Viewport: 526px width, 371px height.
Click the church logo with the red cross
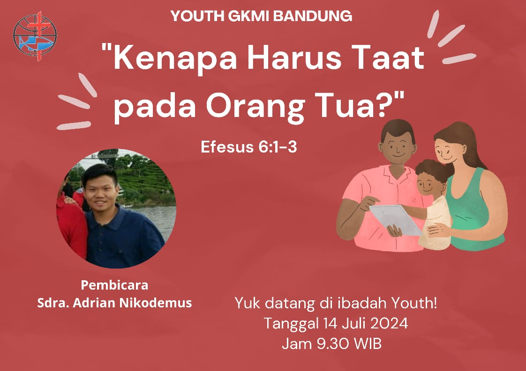(35, 36)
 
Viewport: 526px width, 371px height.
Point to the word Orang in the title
(255, 107)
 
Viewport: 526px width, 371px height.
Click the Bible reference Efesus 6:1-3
(249, 146)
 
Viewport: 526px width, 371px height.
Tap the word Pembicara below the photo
(114, 285)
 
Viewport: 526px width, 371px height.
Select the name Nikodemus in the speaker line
(156, 303)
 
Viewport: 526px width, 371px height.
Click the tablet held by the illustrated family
(396, 219)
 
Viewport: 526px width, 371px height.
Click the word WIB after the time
(368, 343)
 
